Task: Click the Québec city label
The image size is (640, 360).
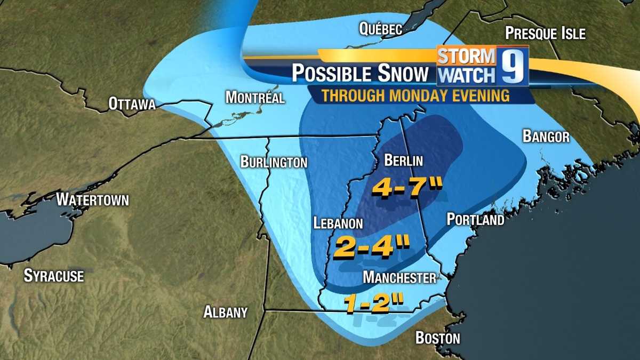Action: [x=380, y=29]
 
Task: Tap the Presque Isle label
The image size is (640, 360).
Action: [x=545, y=34]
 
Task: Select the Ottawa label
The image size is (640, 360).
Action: [x=132, y=103]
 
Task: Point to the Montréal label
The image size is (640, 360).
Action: [x=255, y=98]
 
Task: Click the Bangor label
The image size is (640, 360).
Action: [x=546, y=137]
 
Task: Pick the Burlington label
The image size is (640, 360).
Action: [x=274, y=162]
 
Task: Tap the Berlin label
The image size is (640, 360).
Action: [x=403, y=161]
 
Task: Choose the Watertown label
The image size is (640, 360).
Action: [x=93, y=200]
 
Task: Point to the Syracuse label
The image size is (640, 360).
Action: [x=54, y=276]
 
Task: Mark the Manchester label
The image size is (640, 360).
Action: [x=399, y=277]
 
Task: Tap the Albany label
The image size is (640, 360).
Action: [x=226, y=313]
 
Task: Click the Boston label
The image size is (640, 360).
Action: [x=437, y=338]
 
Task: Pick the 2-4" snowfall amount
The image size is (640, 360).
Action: [x=371, y=249]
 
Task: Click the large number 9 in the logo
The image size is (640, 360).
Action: [x=513, y=66]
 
